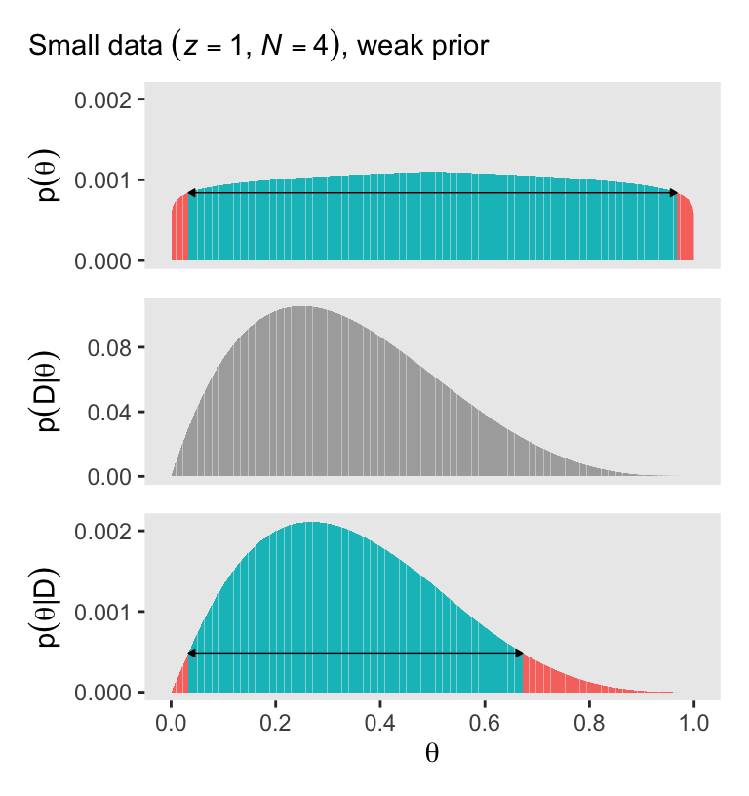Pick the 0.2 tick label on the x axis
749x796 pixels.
tap(276, 724)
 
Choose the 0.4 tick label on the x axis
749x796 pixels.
tap(380, 724)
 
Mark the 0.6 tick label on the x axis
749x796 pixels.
tap(485, 724)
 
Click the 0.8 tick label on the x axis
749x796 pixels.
tap(589, 724)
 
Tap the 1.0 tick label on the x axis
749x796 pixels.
tap(693, 724)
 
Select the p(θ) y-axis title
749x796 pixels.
tap(47, 180)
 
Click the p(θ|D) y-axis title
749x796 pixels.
tap(47, 605)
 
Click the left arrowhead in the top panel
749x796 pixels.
tap(191, 193)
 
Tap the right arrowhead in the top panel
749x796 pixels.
tap(674, 193)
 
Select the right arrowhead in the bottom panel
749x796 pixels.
tap(520, 653)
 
